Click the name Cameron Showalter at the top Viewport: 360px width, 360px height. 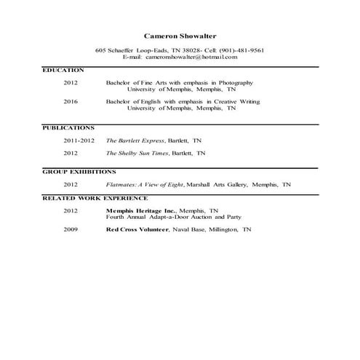180,35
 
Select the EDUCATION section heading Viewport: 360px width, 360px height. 63,70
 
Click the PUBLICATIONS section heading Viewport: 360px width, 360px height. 68,127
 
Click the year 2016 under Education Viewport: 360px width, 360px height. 71,102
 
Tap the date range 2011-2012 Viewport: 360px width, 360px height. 79,140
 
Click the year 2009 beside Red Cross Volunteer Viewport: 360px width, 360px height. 71,229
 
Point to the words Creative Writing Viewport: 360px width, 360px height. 236,102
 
